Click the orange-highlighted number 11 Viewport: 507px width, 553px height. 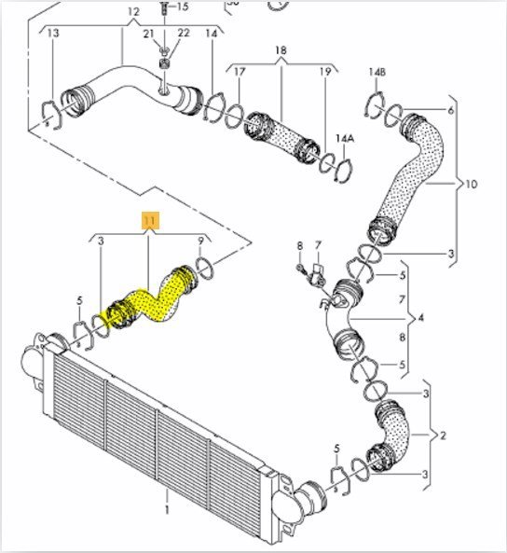pyautogui.click(x=151, y=221)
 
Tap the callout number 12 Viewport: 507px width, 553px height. pyautogui.click(x=133, y=12)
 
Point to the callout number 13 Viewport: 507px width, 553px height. pyautogui.click(x=53, y=34)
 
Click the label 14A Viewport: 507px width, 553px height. pyautogui.click(x=345, y=138)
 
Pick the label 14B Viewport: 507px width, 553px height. pyautogui.click(x=377, y=72)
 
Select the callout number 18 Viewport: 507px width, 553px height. pyautogui.click(x=281, y=50)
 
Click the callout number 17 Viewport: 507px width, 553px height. pyautogui.click(x=240, y=72)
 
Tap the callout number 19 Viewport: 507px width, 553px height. pyautogui.click(x=325, y=72)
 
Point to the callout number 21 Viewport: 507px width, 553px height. pyautogui.click(x=148, y=34)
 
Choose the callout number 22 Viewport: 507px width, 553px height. pyautogui.click(x=184, y=34)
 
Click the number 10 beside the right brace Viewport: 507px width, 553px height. pyautogui.click(x=471, y=184)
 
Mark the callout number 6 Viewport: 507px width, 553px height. pyautogui.click(x=450, y=110)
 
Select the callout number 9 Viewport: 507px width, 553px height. pyautogui.click(x=200, y=242)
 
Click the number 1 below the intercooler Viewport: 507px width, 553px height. pyautogui.click(x=167, y=509)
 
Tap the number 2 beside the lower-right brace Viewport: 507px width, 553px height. pyautogui.click(x=443, y=435)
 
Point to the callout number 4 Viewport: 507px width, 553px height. pyautogui.click(x=420, y=318)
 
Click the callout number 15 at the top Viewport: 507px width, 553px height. pyautogui.click(x=183, y=7)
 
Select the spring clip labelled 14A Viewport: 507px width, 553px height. pyautogui.click(x=345, y=171)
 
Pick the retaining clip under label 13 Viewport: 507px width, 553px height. pyautogui.click(x=52, y=115)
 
